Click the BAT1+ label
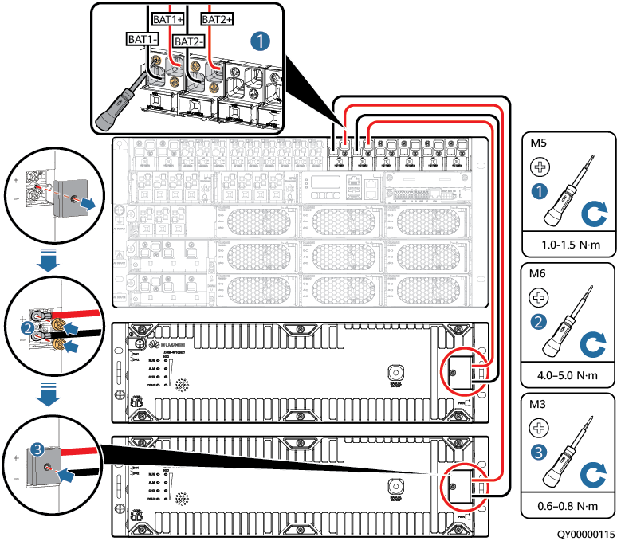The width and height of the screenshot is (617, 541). tap(168, 17)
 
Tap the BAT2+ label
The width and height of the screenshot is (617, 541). tap(217, 17)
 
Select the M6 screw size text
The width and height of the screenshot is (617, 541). tap(539, 273)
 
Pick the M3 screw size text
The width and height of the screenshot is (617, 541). tap(539, 403)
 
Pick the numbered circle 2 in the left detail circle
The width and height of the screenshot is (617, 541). tap(28, 327)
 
